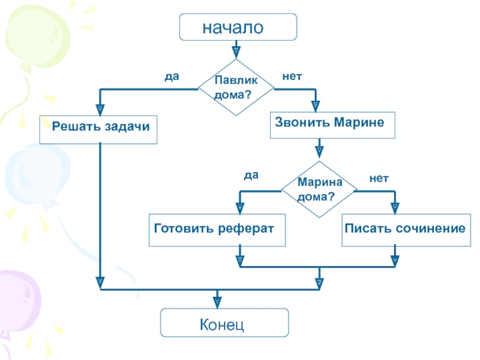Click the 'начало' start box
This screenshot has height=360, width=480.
tap(238, 27)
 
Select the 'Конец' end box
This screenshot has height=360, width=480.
tap(224, 323)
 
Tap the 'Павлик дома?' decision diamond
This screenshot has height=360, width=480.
tap(236, 88)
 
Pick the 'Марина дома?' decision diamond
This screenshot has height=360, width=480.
tap(319, 190)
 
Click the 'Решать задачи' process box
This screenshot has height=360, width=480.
tap(98, 130)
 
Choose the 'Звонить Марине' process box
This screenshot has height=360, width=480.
tap(332, 125)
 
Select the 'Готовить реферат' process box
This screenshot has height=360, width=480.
tap(217, 230)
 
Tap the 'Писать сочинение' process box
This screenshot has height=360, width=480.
tap(406, 230)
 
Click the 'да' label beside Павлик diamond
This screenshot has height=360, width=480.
tap(172, 77)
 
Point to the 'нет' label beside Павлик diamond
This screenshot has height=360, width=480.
tap(292, 76)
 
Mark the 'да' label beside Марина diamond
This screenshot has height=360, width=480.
tap(251, 175)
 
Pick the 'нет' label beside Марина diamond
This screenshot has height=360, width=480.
tap(379, 178)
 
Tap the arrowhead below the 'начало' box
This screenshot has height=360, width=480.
tap(236, 52)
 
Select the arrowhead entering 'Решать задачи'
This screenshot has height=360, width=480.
tap(100, 110)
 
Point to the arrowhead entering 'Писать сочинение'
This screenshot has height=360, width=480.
tap(395, 208)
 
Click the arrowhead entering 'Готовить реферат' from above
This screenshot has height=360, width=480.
tap(240, 208)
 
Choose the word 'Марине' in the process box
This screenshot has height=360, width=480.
tap(359, 122)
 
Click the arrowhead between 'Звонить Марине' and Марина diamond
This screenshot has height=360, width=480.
tap(319, 151)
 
